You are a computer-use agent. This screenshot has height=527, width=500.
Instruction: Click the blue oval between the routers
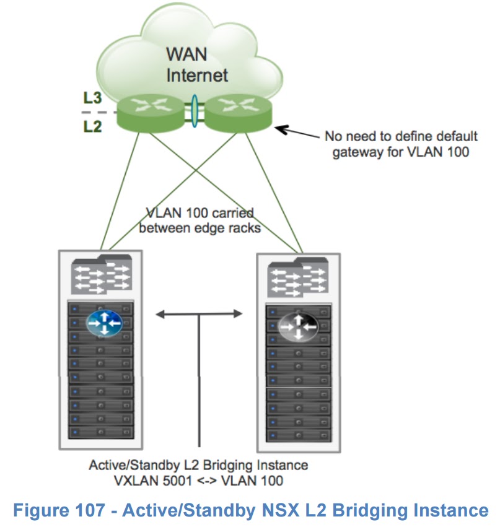click(x=195, y=110)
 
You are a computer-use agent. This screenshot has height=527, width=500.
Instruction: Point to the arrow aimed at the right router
click(x=297, y=132)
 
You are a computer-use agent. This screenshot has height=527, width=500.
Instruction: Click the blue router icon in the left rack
click(x=103, y=322)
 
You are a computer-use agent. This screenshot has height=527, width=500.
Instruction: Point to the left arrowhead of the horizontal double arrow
click(x=160, y=315)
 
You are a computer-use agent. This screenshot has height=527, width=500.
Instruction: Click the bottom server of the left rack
click(x=101, y=432)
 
